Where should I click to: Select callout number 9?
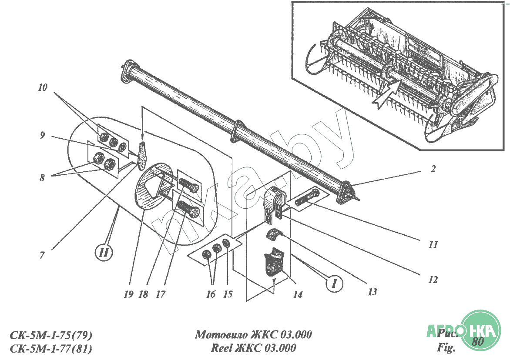[42, 135]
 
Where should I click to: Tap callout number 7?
[42, 255]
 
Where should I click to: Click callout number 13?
[372, 292]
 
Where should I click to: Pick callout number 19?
[128, 294]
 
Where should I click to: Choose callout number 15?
[228, 294]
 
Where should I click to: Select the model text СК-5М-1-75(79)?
[51, 335]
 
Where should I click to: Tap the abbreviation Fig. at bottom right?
[446, 348]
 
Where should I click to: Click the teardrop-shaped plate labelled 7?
[142, 155]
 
